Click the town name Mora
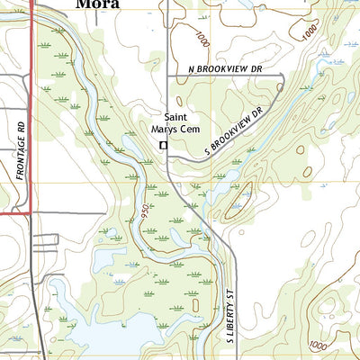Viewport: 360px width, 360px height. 99,4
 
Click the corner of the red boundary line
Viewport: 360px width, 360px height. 32,213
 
